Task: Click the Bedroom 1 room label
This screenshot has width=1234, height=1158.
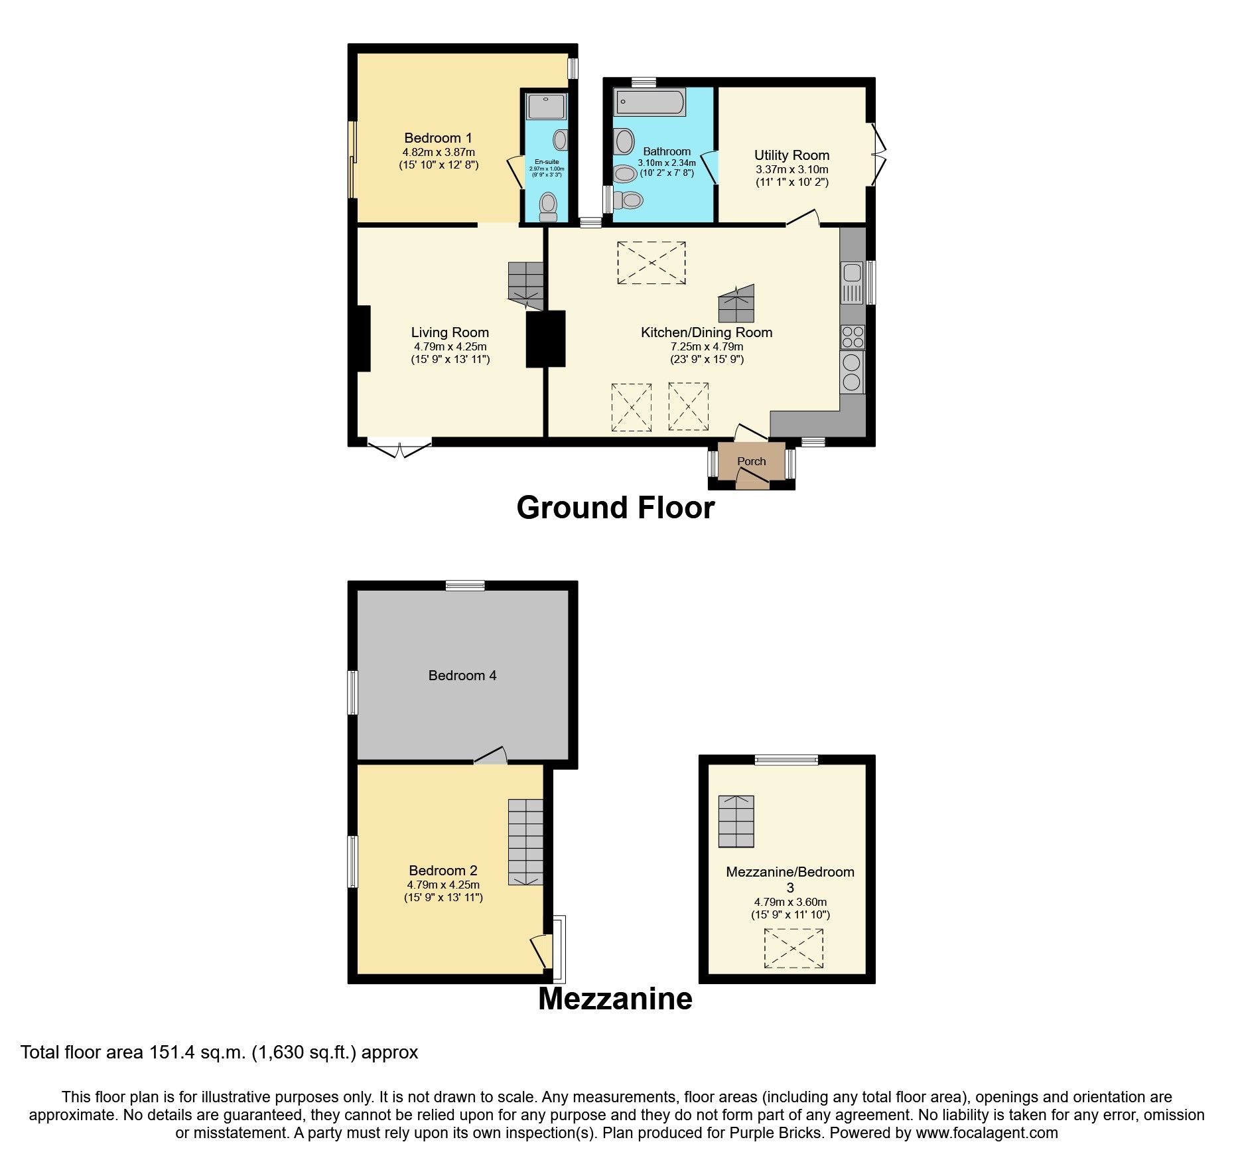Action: pos(438,138)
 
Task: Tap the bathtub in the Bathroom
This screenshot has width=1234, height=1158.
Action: pos(650,102)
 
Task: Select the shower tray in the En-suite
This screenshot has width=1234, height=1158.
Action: pos(546,106)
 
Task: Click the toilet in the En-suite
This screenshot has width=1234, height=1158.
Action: pos(548,206)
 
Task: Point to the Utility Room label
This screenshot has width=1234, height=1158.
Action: pos(791,155)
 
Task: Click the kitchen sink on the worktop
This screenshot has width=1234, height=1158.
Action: pos(852,281)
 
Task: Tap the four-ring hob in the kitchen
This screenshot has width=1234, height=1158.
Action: pos(853,336)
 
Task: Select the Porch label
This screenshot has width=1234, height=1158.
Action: pos(751,461)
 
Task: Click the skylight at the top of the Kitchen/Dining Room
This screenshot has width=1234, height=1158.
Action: pos(651,263)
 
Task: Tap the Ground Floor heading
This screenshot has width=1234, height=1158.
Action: pos(615,508)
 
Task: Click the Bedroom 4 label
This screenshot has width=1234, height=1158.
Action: pos(462,676)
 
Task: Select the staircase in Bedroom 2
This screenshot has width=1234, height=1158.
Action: pos(525,841)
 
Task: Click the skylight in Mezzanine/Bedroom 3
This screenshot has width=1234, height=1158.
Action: pos(793,948)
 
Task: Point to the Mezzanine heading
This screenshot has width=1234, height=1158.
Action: pos(615,999)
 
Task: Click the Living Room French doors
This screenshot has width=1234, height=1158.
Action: pos(399,446)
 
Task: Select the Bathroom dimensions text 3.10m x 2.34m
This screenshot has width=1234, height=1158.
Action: pos(667,163)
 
